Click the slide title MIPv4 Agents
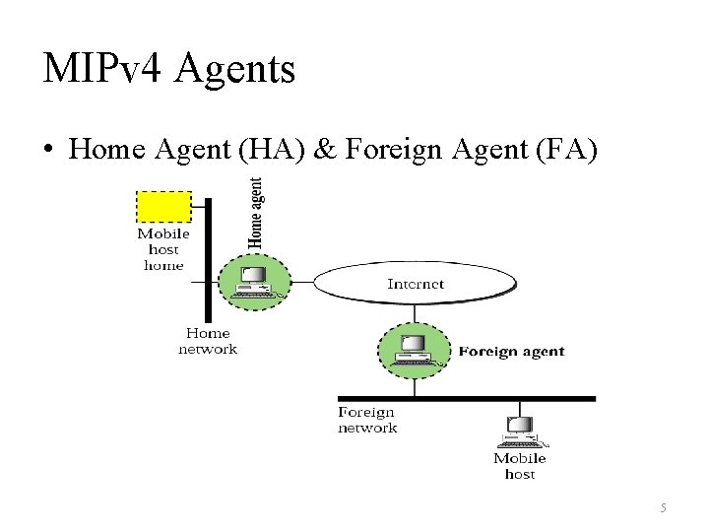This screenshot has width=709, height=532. (168, 69)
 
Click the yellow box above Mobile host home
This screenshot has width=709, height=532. (163, 207)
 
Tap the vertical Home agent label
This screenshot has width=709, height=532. (256, 212)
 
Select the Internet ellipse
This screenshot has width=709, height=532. (415, 284)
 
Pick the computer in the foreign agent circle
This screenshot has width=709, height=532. (414, 351)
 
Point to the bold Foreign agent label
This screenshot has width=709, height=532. (511, 352)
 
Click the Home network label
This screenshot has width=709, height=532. (208, 341)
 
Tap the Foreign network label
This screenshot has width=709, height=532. (367, 420)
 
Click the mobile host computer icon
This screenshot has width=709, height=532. (519, 432)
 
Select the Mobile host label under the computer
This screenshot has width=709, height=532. (520, 466)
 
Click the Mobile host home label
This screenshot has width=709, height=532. (163, 249)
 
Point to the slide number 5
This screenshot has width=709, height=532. (663, 507)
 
